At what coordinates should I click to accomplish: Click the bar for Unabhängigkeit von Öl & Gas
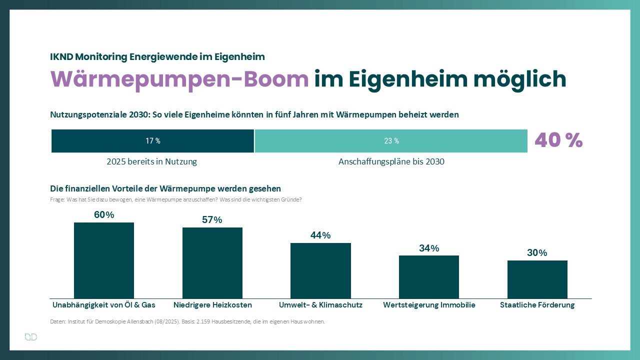(x=104, y=260)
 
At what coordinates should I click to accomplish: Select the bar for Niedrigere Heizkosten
(x=212, y=263)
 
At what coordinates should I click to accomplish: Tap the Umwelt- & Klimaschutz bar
(x=320, y=271)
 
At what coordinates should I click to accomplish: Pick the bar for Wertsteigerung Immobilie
(x=429, y=277)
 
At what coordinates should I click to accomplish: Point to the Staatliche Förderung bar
(x=537, y=279)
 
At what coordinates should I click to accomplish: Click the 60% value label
(x=104, y=215)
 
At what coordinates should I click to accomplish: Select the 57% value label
(x=212, y=220)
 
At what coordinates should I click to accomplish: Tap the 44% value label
(x=320, y=235)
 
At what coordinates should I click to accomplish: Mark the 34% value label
(x=429, y=248)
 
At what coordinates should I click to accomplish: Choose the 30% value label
(x=537, y=253)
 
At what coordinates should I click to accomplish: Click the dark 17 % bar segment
(x=153, y=141)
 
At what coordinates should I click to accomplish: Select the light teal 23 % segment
(x=391, y=141)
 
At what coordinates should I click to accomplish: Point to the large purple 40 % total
(x=558, y=140)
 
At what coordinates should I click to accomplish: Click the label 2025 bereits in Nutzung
(x=152, y=162)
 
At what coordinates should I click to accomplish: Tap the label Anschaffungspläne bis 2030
(x=391, y=162)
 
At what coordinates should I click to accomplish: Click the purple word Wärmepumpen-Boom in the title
(x=179, y=79)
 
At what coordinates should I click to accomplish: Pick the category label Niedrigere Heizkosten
(x=212, y=305)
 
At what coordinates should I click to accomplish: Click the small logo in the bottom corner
(x=31, y=337)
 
